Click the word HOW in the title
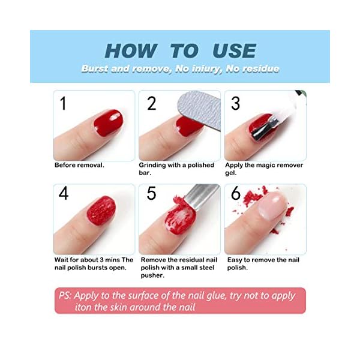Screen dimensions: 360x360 click(x=131, y=50)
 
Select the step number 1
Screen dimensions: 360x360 click(x=63, y=104)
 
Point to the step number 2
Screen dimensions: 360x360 click(x=151, y=104)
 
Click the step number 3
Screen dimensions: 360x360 click(x=235, y=104)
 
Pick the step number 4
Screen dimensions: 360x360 click(x=64, y=194)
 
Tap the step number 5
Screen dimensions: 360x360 click(x=151, y=194)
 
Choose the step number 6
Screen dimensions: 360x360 click(x=236, y=194)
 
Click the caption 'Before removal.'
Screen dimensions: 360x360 click(x=79, y=166)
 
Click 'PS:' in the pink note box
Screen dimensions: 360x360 click(x=65, y=296)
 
